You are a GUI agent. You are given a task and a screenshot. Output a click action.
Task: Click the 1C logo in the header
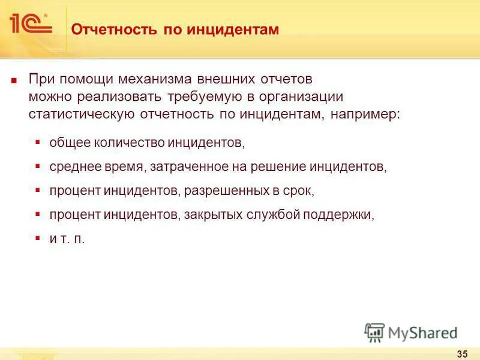(x=30, y=25)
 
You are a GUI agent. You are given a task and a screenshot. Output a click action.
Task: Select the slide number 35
(x=462, y=352)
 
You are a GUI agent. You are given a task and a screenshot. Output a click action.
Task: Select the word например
(x=361, y=114)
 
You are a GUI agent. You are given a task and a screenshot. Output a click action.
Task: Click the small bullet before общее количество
(x=38, y=143)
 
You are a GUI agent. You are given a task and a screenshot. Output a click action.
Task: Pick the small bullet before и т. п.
(x=38, y=238)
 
